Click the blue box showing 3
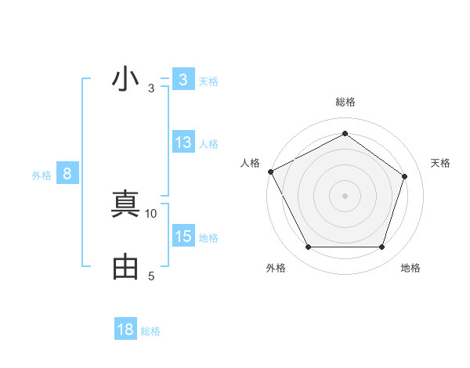pos(183,80)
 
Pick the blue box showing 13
pos(183,143)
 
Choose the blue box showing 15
pos(183,236)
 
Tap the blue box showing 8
pos(67,174)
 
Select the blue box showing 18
pos(125,330)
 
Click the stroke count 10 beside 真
pos(151,213)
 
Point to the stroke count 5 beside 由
pos(151,276)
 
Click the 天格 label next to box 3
pos(208,81)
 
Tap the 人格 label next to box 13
pos(208,144)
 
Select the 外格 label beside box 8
pos(42,175)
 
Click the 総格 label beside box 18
pos(150,331)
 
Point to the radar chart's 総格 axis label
pos(345,102)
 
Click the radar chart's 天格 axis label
pos(440,163)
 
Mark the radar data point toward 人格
pos(270,171)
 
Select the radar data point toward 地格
pos(381,247)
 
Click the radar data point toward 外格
pos(308,247)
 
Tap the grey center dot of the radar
pos(345,195)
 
